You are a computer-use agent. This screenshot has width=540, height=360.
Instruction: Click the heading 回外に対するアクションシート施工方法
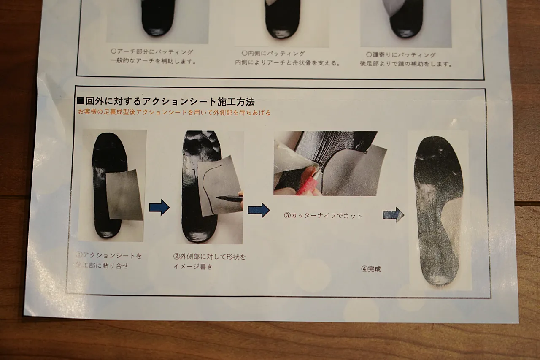(x=170, y=102)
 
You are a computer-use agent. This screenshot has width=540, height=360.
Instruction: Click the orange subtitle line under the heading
(x=174, y=112)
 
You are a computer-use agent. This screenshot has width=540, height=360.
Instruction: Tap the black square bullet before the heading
(x=81, y=100)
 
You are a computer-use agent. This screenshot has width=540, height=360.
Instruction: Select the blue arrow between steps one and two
(x=159, y=207)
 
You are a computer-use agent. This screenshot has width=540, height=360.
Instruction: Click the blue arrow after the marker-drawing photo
(x=259, y=210)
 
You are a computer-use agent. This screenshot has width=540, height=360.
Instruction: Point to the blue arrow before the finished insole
(x=394, y=214)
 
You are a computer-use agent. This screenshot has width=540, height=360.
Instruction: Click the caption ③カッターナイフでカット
(x=323, y=215)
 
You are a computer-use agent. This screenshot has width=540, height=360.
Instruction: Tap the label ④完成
(x=371, y=269)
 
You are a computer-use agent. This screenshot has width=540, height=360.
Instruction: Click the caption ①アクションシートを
(x=109, y=255)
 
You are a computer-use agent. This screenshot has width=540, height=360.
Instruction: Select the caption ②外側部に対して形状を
(x=209, y=257)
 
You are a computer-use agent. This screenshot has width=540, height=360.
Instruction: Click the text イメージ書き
(x=193, y=266)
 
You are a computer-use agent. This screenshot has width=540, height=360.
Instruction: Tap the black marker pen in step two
(x=229, y=199)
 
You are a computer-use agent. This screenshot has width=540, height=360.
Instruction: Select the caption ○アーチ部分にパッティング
(x=152, y=52)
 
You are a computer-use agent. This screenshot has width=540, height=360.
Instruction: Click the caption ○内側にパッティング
(x=273, y=53)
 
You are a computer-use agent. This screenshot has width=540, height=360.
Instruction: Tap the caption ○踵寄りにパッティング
(x=401, y=55)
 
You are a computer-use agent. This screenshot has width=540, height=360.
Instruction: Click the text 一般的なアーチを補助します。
(x=153, y=61)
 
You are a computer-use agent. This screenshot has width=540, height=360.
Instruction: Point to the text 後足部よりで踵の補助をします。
(x=406, y=64)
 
